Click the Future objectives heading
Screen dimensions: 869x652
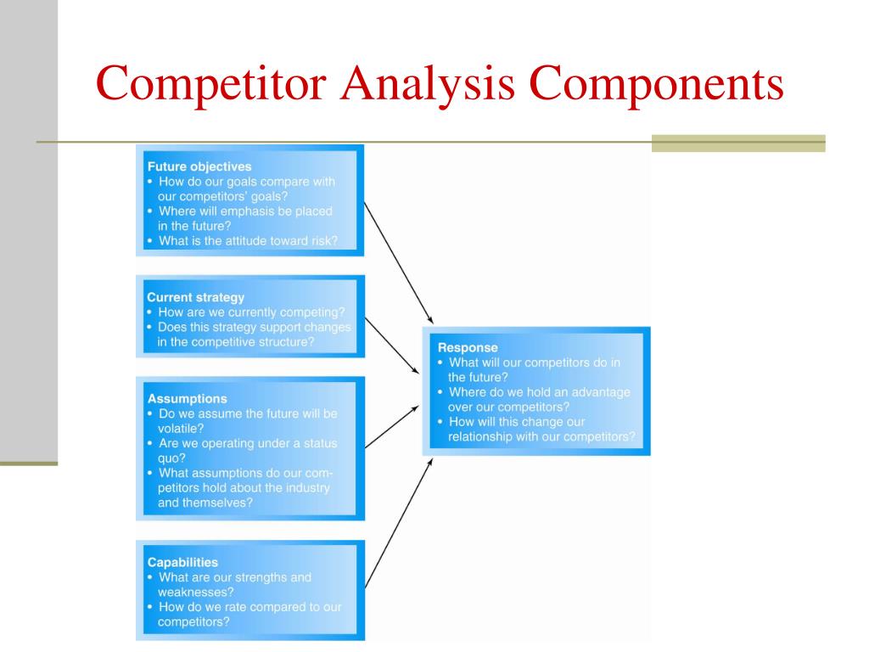(x=199, y=166)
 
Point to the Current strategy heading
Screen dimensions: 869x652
(x=195, y=297)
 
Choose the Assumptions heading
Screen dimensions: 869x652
(x=187, y=398)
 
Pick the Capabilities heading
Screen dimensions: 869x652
(x=182, y=562)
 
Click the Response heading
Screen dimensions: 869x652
(x=468, y=347)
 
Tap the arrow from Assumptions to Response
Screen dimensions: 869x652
(x=391, y=426)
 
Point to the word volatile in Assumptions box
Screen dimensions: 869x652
(x=181, y=428)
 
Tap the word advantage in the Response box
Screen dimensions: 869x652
(x=600, y=392)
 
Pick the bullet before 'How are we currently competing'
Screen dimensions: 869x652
(x=150, y=312)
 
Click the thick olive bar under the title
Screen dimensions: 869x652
(x=738, y=143)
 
